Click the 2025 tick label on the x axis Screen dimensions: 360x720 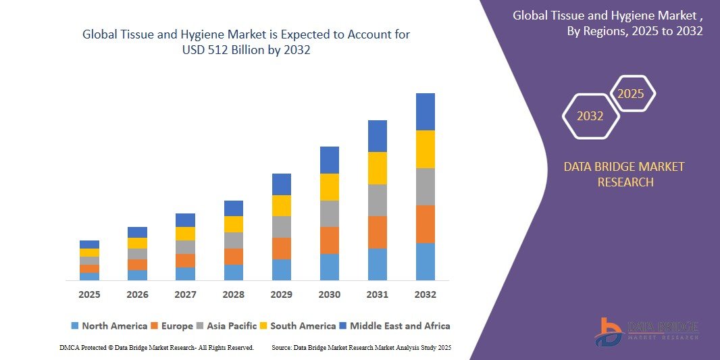click(89, 295)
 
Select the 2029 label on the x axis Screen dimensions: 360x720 click(281, 295)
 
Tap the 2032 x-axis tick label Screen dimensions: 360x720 click(426, 295)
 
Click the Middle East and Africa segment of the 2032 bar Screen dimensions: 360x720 click(426, 111)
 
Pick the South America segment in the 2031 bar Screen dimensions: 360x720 click(378, 168)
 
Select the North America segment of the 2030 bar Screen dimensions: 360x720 click(330, 267)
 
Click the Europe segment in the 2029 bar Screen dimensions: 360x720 click(281, 248)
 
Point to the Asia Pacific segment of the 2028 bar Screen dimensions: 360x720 click(234, 240)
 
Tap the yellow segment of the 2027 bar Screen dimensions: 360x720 click(185, 234)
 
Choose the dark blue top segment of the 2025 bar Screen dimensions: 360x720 click(89, 245)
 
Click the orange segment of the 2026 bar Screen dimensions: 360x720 click(137, 265)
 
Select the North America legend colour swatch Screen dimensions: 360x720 click(75, 326)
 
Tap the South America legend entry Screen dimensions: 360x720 click(297, 326)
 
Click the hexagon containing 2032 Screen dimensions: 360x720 click(590, 116)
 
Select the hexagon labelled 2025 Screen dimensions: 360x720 click(632, 94)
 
